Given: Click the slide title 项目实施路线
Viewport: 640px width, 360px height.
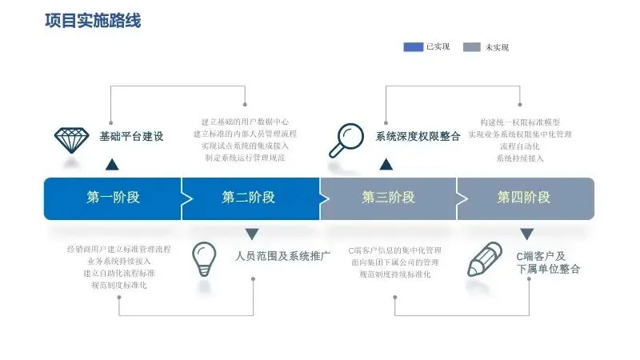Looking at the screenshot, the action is pos(93,21).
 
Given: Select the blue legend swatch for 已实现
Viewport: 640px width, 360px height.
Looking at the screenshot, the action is pos(413,47).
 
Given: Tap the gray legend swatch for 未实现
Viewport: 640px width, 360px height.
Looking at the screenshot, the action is pos(472,47).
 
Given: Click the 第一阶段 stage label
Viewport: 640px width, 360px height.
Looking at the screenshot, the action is pos(113,198).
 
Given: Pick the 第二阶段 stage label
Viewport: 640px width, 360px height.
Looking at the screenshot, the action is pos(249,198).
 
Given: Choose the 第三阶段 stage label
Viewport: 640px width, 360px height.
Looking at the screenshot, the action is pos(388,198).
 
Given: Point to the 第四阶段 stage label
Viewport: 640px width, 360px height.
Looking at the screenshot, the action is pos(524,198).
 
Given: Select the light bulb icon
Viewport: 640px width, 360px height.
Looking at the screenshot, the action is pos(204,258).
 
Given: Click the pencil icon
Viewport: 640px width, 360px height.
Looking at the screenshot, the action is pos(485,259).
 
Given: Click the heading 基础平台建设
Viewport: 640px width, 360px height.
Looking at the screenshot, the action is pos(131,137).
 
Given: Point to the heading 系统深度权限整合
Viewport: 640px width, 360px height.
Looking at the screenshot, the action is pos(418,137).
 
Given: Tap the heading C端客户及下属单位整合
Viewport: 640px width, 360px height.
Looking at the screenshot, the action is pos(548,262).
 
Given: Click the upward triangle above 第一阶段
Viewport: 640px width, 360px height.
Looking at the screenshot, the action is pos(112,165).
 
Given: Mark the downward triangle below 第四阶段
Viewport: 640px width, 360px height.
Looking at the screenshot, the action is pos(526,234).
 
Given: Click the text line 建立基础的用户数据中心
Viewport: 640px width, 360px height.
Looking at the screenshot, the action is pos(245,122).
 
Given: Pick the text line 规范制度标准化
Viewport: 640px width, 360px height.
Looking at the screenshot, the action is pos(119,286).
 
